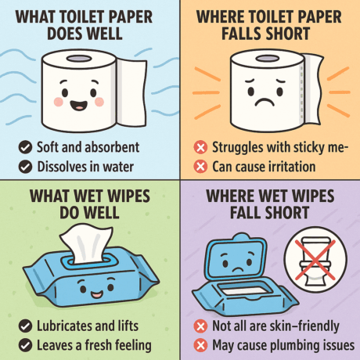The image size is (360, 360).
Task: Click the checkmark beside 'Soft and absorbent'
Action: click(x=25, y=147)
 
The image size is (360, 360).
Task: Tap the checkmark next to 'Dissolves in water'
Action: click(x=25, y=167)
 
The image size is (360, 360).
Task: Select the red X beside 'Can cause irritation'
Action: click(x=200, y=167)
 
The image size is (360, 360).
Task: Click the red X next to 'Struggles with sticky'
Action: click(x=200, y=147)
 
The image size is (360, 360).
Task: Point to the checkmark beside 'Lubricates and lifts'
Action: click(x=25, y=326)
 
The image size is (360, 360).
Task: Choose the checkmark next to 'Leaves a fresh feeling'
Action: click(x=25, y=345)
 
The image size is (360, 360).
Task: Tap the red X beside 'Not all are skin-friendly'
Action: click(x=200, y=326)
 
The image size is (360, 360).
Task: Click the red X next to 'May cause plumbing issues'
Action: click(x=200, y=345)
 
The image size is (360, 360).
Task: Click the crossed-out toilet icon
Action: click(x=315, y=260)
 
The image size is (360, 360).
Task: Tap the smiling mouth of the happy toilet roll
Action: click(x=79, y=105)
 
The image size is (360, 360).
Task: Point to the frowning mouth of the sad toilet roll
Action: click(x=265, y=102)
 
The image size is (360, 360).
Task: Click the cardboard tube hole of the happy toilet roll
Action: click(x=79, y=59)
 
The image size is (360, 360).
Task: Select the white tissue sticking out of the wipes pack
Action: click(x=86, y=244)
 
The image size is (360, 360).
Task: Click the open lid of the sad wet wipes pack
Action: click(x=236, y=257)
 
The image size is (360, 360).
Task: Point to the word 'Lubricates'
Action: click(x=64, y=326)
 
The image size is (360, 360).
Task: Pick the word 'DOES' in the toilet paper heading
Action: click(x=63, y=34)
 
